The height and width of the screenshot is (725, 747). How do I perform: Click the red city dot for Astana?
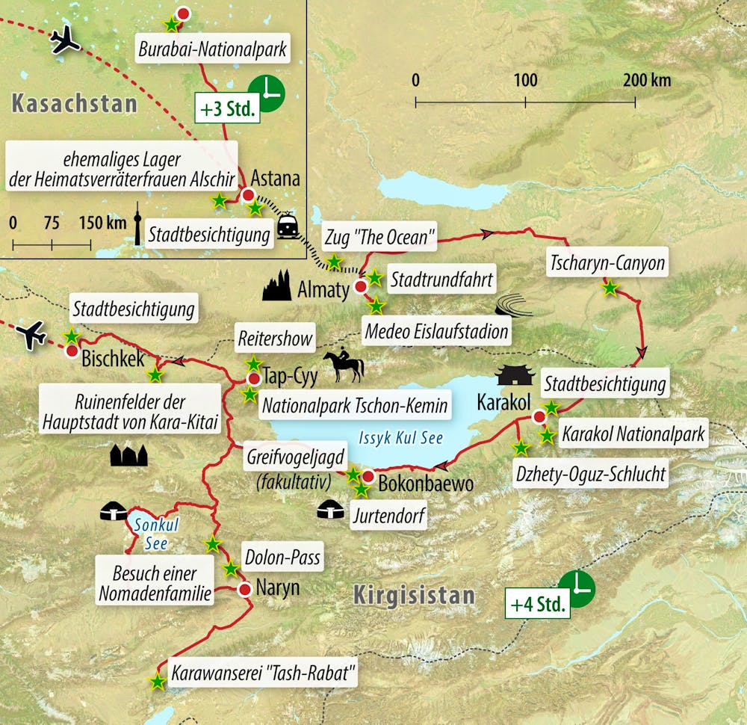click(x=248, y=196)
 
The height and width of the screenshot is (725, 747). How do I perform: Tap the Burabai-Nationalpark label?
click(x=214, y=50)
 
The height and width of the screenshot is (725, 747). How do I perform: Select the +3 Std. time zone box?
click(x=227, y=108)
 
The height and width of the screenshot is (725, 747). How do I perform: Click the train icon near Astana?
click(x=288, y=226)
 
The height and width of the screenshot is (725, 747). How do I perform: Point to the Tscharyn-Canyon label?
click(x=607, y=262)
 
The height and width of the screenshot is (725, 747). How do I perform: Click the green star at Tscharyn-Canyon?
click(x=610, y=287)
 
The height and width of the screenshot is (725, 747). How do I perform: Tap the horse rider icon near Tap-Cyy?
click(x=344, y=365)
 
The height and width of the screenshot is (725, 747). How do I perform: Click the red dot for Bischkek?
click(x=72, y=351)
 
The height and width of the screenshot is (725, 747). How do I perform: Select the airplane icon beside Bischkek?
click(x=32, y=335)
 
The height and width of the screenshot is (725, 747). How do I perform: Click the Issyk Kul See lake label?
click(x=400, y=439)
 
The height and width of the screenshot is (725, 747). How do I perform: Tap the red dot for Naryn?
click(x=244, y=589)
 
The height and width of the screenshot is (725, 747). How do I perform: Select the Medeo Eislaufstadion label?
click(x=435, y=329)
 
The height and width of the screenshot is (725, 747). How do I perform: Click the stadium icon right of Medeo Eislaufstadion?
click(x=513, y=306)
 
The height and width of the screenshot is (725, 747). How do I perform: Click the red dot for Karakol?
click(x=539, y=416)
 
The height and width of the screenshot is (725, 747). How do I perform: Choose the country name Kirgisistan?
click(x=413, y=596)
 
